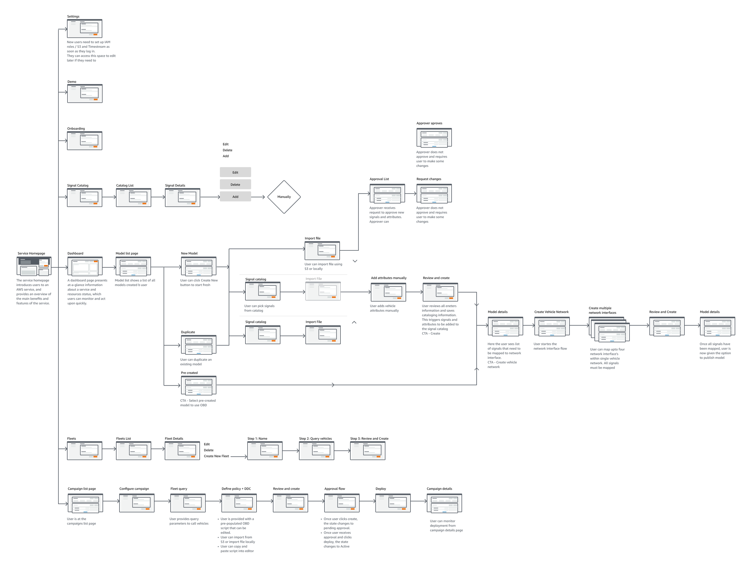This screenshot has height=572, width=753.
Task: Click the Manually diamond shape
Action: pyautogui.click(x=284, y=197)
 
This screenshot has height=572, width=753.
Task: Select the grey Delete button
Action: pyautogui.click(x=235, y=184)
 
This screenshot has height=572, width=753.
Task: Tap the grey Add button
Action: pyautogui.click(x=235, y=197)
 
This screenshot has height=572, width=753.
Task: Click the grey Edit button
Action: pyautogui.click(x=235, y=172)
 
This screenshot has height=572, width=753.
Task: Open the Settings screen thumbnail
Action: pyautogui.click(x=84, y=28)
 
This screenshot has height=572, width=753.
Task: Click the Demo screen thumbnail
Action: pyautogui.click(x=85, y=94)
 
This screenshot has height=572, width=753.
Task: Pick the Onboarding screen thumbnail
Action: pyautogui.click(x=84, y=141)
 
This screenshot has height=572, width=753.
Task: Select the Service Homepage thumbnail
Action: pyautogui.click(x=34, y=266)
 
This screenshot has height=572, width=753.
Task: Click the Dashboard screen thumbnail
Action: pyautogui.click(x=85, y=266)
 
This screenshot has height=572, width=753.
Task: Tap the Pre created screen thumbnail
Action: pyautogui.click(x=198, y=385)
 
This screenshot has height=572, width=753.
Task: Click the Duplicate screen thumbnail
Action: pyautogui.click(x=198, y=345)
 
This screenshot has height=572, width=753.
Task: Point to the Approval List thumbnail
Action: pyautogui.click(x=387, y=194)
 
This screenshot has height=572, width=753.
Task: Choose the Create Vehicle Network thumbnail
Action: pyautogui.click(x=552, y=326)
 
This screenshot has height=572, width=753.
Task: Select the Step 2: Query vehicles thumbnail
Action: pyautogui.click(x=316, y=451)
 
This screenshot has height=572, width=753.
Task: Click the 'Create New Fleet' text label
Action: pyautogui.click(x=216, y=456)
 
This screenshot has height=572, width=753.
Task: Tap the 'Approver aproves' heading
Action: pyautogui.click(x=429, y=123)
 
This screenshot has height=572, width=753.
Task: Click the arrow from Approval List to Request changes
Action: pyautogui.click(x=411, y=194)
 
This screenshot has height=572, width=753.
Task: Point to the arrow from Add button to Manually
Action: pyautogui.click(x=258, y=197)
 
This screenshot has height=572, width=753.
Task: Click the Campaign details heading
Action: pyautogui.click(x=439, y=489)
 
